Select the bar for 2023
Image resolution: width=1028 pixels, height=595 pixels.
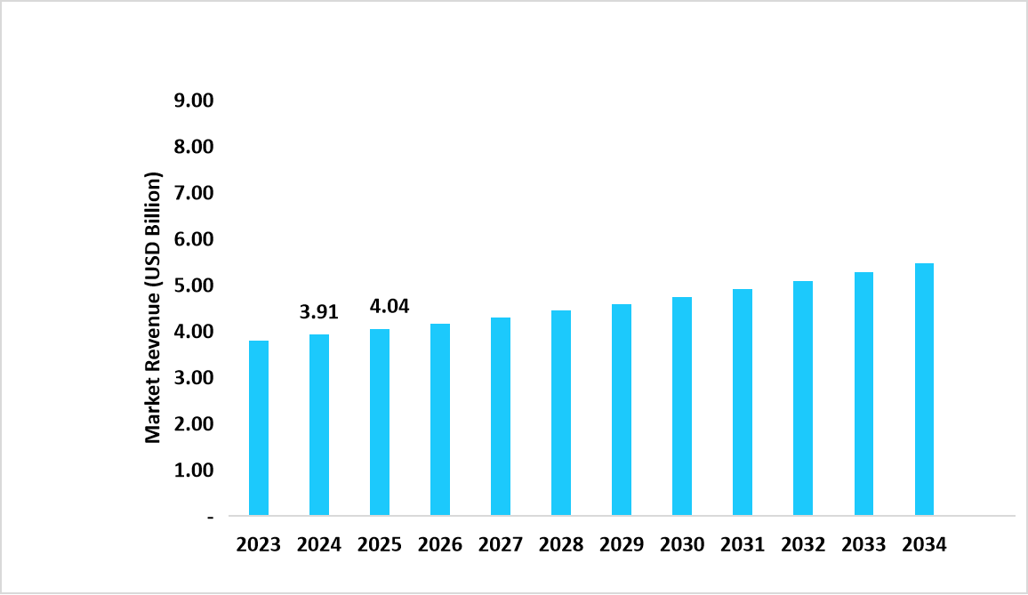click(259, 428)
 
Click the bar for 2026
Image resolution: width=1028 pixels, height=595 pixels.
click(440, 419)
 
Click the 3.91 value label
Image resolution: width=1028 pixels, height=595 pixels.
click(319, 312)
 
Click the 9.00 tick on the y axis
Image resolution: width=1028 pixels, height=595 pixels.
click(195, 101)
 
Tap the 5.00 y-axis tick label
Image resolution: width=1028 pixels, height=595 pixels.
click(195, 285)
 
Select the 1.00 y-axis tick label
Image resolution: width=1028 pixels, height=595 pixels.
click(195, 470)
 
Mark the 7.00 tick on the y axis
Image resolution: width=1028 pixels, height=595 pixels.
click(195, 193)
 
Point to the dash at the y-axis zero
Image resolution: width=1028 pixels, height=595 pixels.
click(211, 516)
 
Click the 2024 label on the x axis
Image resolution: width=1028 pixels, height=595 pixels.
click(319, 545)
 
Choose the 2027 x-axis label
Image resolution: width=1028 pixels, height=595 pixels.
click(501, 545)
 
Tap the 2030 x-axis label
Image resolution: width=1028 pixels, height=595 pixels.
click(682, 545)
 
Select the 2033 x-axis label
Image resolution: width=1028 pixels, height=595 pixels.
click(863, 545)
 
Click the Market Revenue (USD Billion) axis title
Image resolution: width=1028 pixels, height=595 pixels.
click(154, 308)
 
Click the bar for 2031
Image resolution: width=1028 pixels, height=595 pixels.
click(743, 402)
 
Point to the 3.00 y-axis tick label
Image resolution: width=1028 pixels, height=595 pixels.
click(195, 378)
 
